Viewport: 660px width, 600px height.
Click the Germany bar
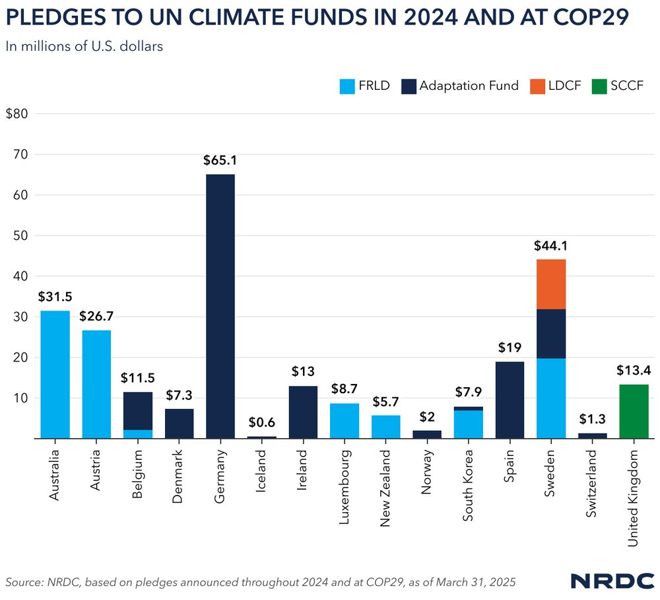pos(220,306)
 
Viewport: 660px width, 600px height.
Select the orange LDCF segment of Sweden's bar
pos(551,284)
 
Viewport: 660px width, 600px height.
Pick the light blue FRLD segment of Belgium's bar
pos(137,434)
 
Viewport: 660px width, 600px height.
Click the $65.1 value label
pos(220,160)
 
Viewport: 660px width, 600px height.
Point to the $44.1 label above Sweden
pos(551,246)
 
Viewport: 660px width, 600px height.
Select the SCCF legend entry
pos(616,86)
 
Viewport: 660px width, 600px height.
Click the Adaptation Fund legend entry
pos(459,86)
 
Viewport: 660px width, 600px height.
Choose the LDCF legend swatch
pos(537,86)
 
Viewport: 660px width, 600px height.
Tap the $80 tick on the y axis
pos(16,114)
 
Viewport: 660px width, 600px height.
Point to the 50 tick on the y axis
pos(20,236)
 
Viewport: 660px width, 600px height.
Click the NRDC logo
pos(611,581)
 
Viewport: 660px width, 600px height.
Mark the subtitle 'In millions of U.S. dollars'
pos(84,46)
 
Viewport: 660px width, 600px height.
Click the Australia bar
pos(55,374)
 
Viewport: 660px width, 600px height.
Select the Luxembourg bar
pos(345,420)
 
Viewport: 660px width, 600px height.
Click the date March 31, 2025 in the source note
pos(471,581)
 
